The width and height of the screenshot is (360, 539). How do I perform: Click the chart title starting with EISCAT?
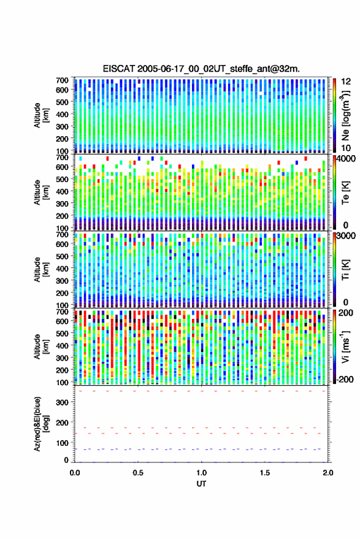pyautogui.click(x=201, y=69)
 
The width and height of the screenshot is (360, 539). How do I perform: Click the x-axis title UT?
pyautogui.click(x=201, y=484)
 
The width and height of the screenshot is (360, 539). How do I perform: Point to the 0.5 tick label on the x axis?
pyautogui.click(x=138, y=473)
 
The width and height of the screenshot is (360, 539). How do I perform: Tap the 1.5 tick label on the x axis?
pyautogui.click(x=265, y=473)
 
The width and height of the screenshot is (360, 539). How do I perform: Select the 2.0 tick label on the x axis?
pyautogui.click(x=328, y=473)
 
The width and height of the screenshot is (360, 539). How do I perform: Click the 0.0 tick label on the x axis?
pyautogui.click(x=75, y=473)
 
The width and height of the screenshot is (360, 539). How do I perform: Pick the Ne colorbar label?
pyautogui.click(x=345, y=115)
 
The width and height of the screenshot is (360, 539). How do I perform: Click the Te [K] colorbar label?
pyautogui.click(x=345, y=193)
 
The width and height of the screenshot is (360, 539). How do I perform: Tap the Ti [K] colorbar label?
pyautogui.click(x=345, y=270)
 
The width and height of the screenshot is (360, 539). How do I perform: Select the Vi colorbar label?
pyautogui.click(x=345, y=347)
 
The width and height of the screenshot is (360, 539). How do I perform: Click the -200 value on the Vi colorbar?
pyautogui.click(x=345, y=380)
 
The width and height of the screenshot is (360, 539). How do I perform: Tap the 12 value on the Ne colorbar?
pyautogui.click(x=346, y=82)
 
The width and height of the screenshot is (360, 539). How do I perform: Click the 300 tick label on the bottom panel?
pyautogui.click(x=62, y=402)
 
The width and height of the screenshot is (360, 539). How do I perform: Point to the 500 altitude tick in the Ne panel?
pyautogui.click(x=62, y=102)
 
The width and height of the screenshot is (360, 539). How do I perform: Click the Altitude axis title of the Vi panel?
pyautogui.click(x=41, y=347)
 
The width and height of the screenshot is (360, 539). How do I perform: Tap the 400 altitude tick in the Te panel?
pyautogui.click(x=62, y=191)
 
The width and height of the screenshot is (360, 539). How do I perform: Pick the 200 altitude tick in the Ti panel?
pyautogui.click(x=62, y=293)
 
